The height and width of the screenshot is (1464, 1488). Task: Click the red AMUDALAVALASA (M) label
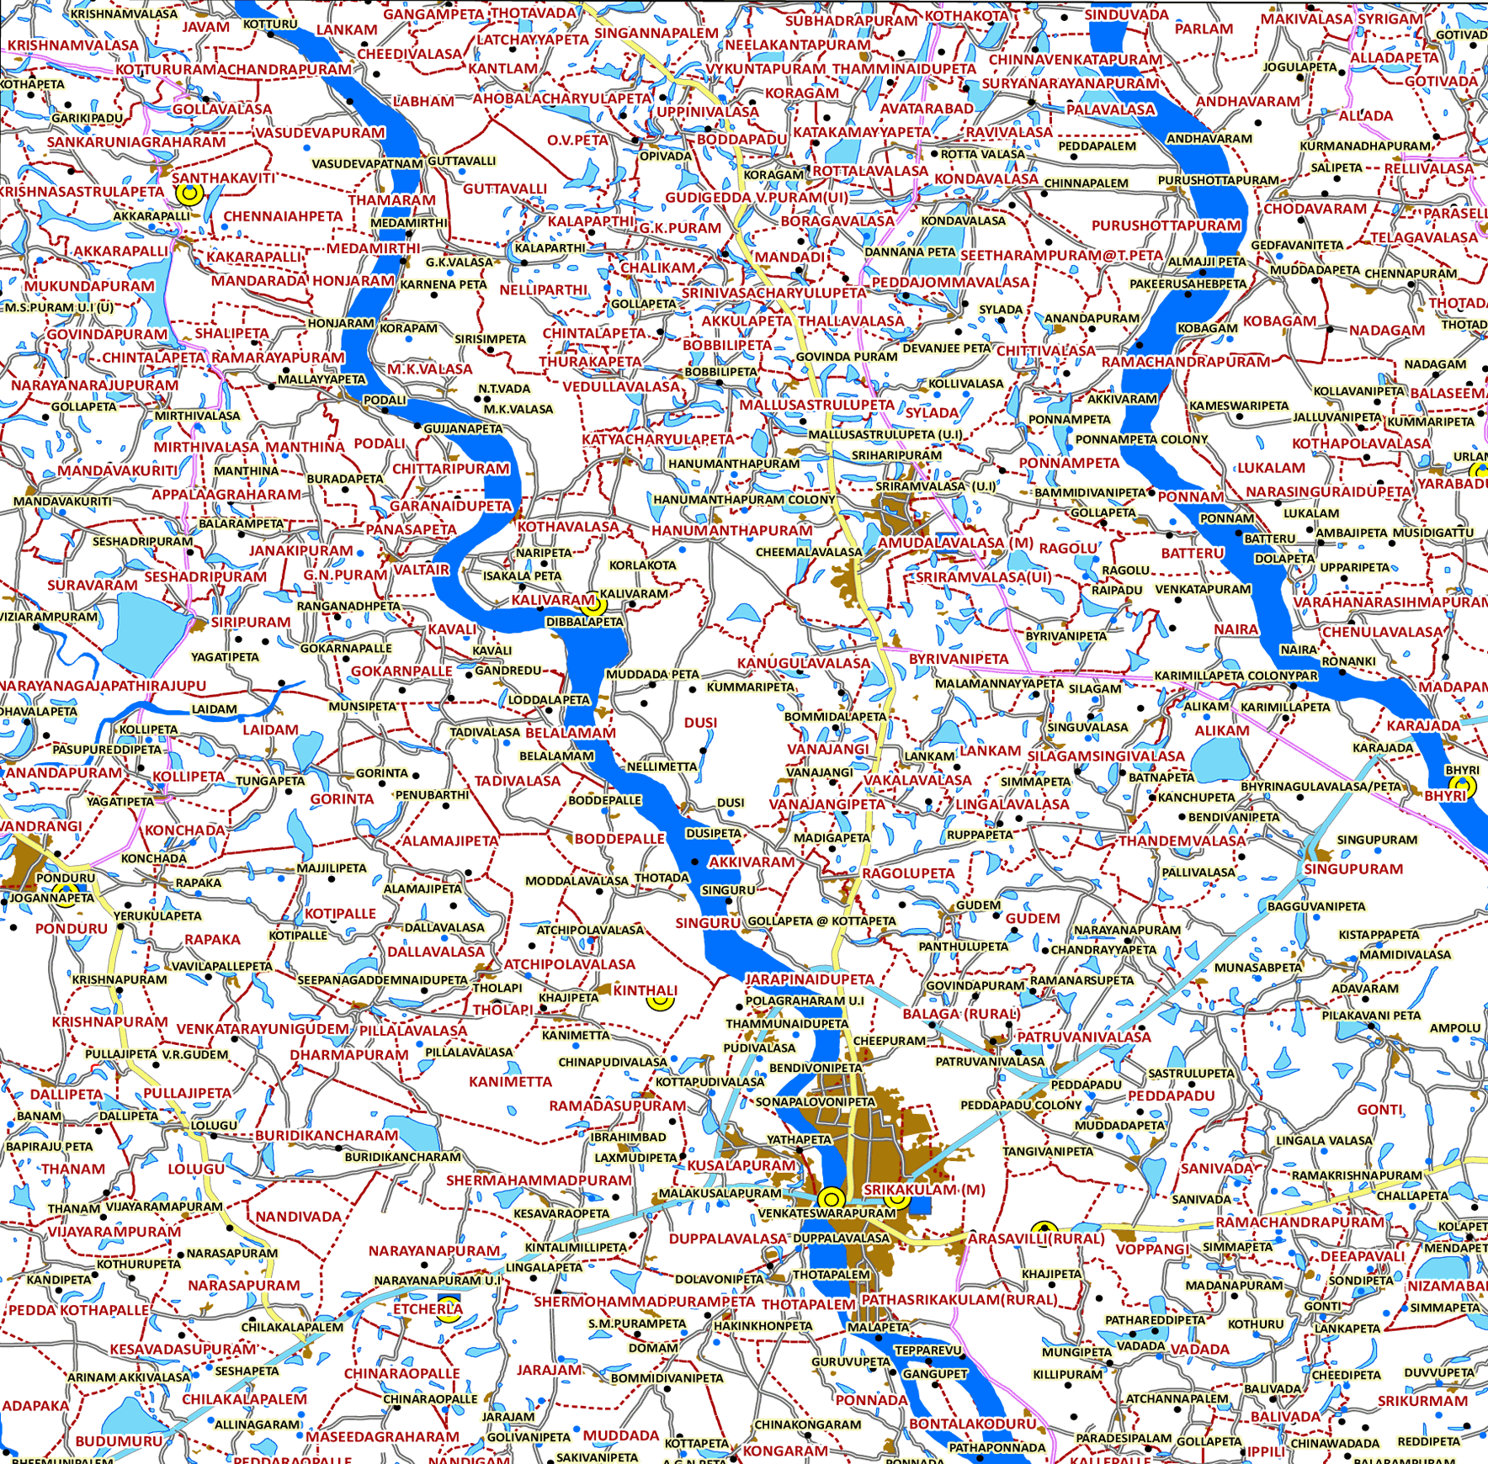955,543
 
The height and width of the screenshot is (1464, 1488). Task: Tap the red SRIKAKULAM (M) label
924,1190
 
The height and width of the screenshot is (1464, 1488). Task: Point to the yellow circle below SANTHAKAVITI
190,194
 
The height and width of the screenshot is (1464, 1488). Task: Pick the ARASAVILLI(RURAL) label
1035,1239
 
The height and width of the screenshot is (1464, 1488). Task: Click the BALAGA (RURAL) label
961,1014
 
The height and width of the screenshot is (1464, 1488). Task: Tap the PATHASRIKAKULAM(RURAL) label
959,1300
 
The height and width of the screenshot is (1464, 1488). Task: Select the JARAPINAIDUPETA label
810,979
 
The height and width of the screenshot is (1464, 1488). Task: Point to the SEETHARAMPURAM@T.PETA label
1061,255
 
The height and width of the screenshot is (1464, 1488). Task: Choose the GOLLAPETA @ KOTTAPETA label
822,921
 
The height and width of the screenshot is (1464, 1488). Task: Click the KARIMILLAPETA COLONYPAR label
1236,676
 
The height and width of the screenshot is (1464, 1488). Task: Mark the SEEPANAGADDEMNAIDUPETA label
382,980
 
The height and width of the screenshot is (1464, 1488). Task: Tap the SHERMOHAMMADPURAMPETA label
644,1302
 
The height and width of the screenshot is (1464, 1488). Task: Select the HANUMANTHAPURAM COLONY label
744,500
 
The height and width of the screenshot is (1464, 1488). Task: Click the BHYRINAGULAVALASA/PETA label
1321,787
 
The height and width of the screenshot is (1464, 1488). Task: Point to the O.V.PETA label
577,140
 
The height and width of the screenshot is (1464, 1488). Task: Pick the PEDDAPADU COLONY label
1021,1105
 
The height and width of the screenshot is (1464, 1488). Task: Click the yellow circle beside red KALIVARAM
594,604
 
